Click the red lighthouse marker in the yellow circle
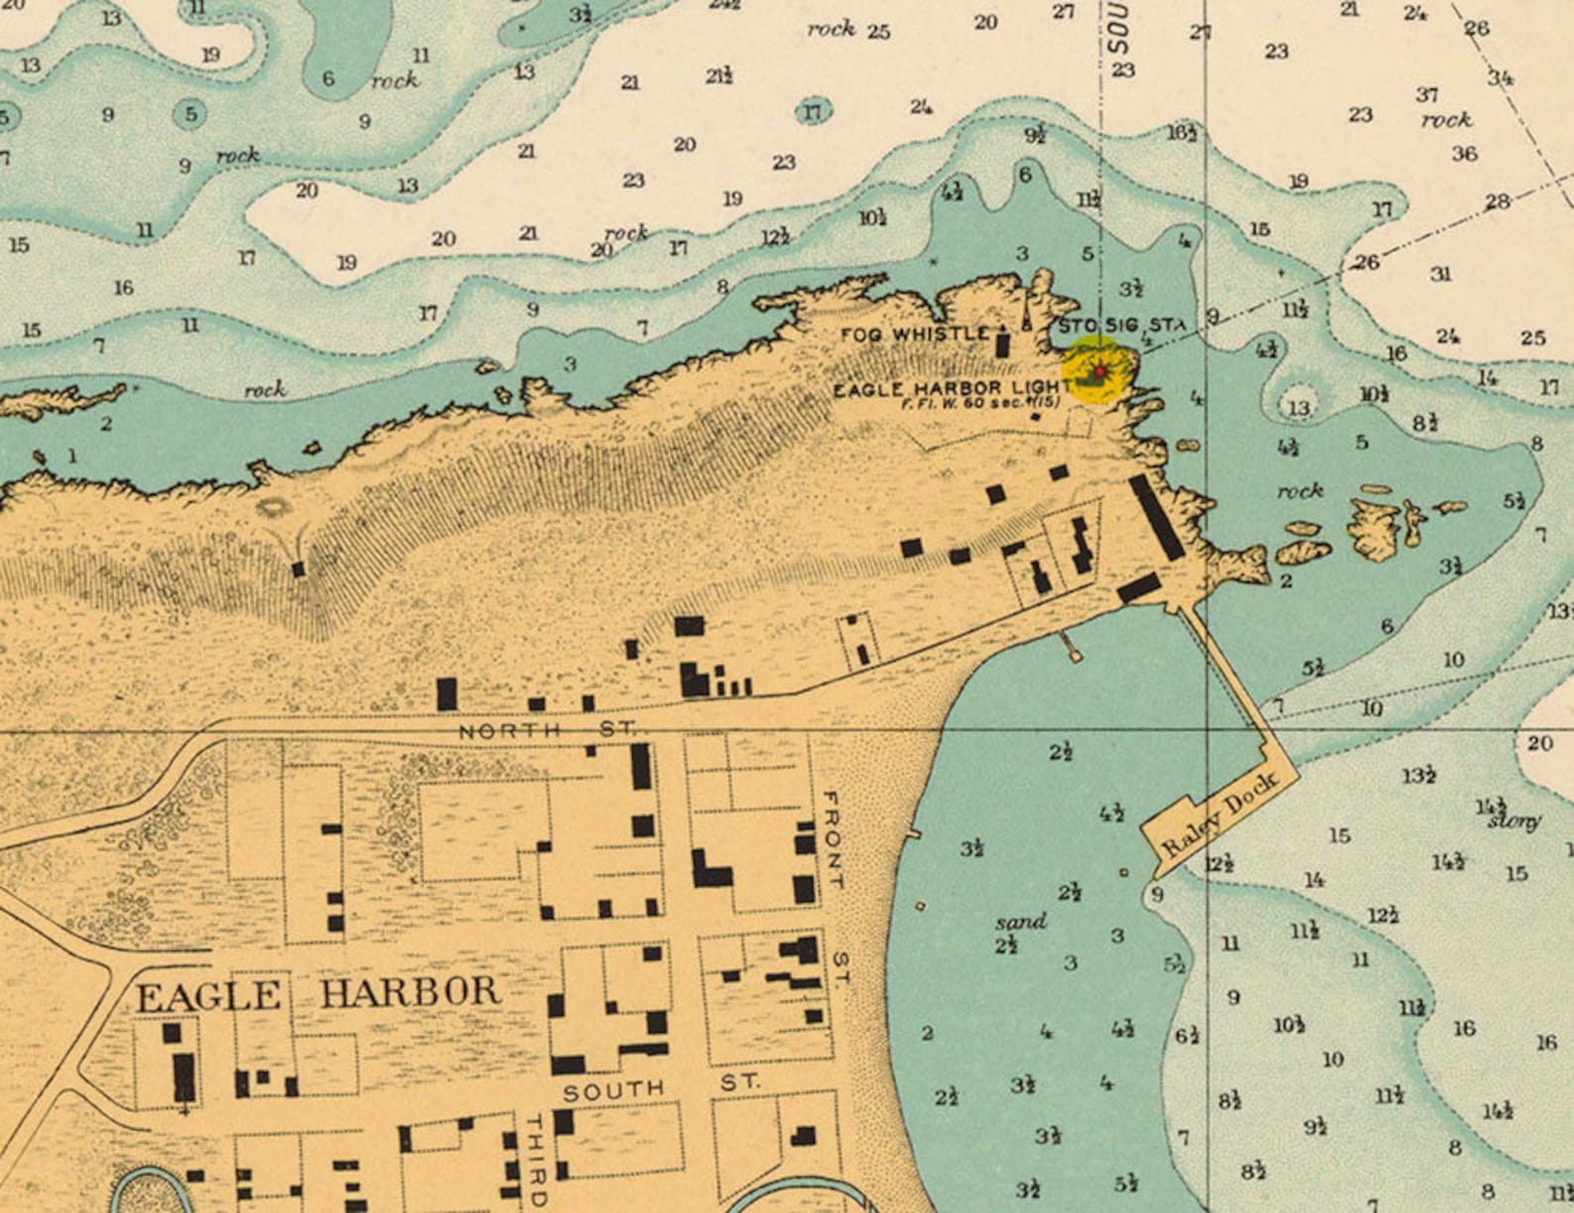(x=1098, y=372)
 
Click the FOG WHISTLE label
(x=914, y=334)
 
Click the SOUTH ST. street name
(x=661, y=1087)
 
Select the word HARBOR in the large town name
(x=409, y=992)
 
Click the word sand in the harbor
(x=1020, y=922)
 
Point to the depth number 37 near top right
(x=1426, y=95)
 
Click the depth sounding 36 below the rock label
(x=1464, y=154)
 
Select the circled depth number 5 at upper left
(x=190, y=114)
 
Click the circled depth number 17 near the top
(x=812, y=112)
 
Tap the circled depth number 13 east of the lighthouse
(x=1298, y=407)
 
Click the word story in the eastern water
(x=1513, y=822)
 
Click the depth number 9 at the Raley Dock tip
(x=1156, y=895)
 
